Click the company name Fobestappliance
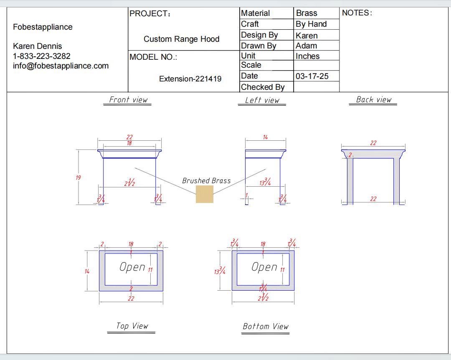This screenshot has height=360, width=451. click(x=43, y=27)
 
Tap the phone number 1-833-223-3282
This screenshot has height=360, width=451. click(x=42, y=56)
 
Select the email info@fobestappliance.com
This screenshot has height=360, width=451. click(x=61, y=66)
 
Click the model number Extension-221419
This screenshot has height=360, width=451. click(x=190, y=79)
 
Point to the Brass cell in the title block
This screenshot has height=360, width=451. click(x=307, y=13)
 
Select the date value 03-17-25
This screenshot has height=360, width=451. click(x=312, y=76)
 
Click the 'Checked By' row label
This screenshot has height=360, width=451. click(x=263, y=87)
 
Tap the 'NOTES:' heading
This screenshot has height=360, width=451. click(x=357, y=13)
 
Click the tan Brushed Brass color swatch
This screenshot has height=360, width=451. click(x=205, y=194)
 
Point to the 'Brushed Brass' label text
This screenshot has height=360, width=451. click(x=206, y=181)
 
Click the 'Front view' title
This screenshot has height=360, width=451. click(x=128, y=99)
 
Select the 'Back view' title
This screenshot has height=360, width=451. click(x=374, y=99)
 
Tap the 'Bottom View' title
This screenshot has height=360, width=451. click(x=266, y=326)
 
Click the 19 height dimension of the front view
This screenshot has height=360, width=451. click(x=78, y=177)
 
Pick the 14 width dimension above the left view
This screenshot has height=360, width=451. click(x=265, y=137)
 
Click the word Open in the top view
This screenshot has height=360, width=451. click(x=132, y=267)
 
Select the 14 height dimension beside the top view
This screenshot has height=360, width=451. click(x=87, y=271)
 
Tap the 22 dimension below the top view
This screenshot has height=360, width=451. click(x=131, y=298)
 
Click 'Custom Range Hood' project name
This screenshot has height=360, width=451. click(x=181, y=39)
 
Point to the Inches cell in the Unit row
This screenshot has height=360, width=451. click(x=307, y=56)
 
